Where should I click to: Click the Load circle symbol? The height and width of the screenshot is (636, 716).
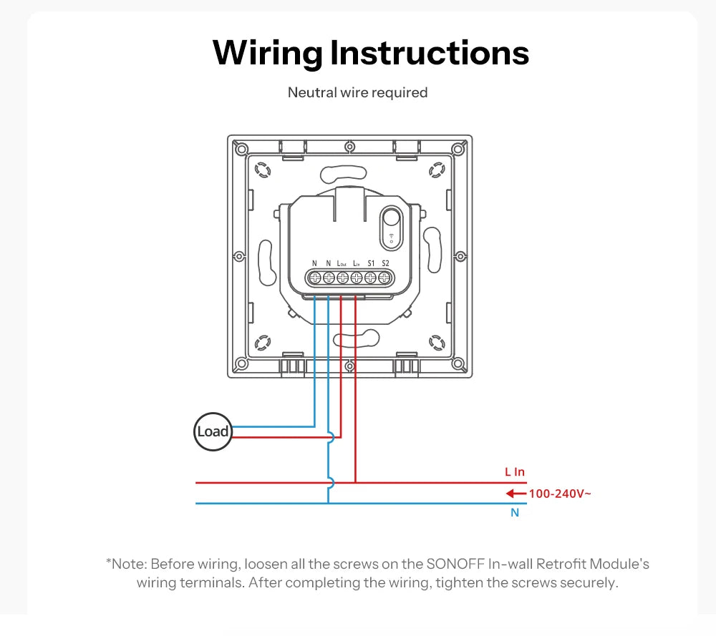213,431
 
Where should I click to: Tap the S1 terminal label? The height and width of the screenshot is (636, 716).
371,263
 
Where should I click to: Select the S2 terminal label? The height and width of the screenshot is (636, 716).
385,263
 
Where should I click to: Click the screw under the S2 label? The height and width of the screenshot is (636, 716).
384,278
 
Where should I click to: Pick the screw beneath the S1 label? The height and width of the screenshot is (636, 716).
370,278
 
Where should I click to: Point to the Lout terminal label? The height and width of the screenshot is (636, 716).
342,263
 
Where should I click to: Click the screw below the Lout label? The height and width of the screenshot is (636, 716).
342,278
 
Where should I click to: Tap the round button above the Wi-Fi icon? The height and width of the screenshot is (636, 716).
392,217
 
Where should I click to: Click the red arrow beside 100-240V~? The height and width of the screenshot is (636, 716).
516,493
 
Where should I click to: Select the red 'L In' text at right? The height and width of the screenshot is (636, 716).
515,471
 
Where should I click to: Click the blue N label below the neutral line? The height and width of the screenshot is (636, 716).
515,513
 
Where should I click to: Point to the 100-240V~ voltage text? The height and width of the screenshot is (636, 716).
560,494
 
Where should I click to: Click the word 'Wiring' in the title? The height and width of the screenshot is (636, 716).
268,54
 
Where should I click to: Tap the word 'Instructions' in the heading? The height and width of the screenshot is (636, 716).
429,53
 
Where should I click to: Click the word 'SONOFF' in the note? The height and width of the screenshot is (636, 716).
455,564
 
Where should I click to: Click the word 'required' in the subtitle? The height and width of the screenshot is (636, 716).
400,93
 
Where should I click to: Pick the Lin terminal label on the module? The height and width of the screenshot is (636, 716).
356,263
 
